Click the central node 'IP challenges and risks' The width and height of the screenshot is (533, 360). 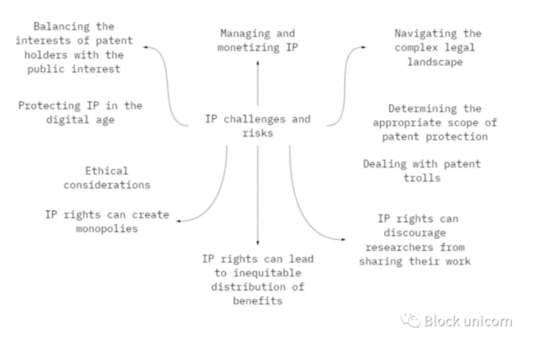(x=258, y=126)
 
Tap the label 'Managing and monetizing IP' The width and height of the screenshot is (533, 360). (x=258, y=41)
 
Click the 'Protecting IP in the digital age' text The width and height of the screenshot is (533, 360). (x=80, y=112)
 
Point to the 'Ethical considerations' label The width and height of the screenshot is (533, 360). (x=107, y=177)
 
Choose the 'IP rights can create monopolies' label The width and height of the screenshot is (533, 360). (x=107, y=221)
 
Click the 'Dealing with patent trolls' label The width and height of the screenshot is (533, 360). (x=422, y=171)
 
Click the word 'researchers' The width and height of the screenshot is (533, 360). (x=415, y=247)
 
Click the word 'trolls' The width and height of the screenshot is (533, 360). (x=422, y=177)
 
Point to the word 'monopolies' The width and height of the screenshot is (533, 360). (x=107, y=228)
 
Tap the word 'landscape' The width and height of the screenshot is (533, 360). (x=435, y=61)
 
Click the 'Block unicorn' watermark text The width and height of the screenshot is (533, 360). (x=467, y=321)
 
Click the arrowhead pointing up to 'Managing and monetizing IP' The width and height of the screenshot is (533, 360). (x=258, y=62)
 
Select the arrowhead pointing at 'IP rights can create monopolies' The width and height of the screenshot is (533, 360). (x=179, y=221)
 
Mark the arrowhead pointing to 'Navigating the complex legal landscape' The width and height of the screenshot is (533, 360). (x=363, y=47)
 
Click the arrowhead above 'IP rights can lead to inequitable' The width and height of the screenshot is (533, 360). (x=258, y=243)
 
